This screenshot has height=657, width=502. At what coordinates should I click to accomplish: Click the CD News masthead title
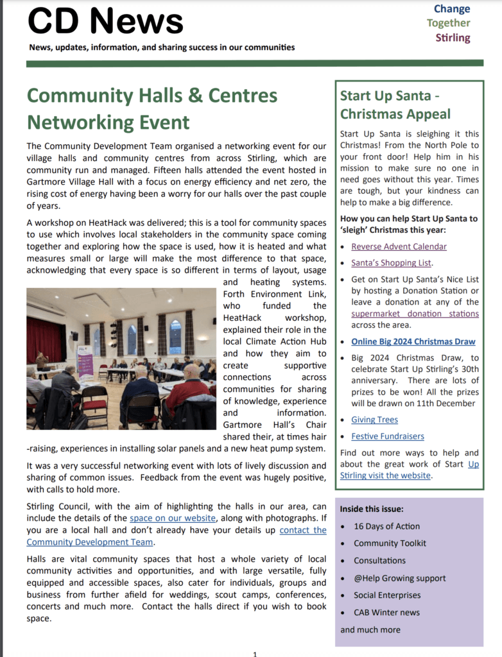105,21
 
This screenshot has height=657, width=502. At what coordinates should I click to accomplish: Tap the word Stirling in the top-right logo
453,37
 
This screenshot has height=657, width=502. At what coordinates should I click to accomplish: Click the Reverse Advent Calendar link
399,246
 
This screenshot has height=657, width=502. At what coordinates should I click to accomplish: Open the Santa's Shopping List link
391,262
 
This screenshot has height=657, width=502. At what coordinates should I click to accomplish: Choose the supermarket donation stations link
415,314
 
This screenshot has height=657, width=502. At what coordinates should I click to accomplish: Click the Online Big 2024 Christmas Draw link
413,341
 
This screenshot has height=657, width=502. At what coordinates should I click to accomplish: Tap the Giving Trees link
374,420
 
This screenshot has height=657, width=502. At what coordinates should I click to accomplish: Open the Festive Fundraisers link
387,436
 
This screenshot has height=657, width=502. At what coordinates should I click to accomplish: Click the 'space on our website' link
173,518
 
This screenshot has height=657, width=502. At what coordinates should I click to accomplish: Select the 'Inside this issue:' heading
372,509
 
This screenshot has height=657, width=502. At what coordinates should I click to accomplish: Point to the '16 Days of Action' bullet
386,526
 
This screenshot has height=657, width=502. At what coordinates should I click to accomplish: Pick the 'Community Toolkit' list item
390,543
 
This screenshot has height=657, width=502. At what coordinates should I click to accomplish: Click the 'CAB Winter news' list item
386,612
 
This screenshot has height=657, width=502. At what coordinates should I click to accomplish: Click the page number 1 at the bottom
255,653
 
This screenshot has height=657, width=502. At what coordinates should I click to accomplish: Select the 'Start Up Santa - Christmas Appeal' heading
395,105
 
